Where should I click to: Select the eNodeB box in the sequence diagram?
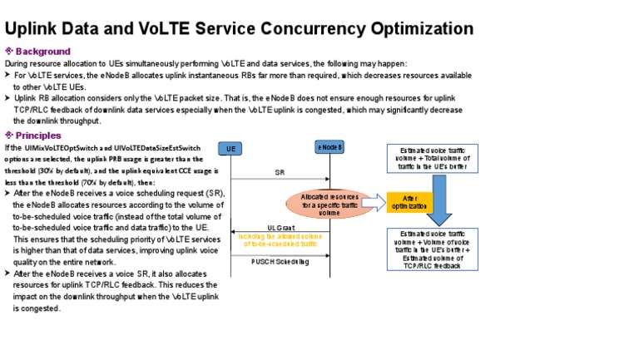pyautogui.click(x=330, y=147)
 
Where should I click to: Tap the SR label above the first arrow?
pyautogui.click(x=280, y=173)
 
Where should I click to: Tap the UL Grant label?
pyautogui.click(x=280, y=227)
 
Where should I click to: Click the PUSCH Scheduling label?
pyautogui.click(x=280, y=261)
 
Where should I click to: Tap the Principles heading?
pyautogui.click(x=38, y=135)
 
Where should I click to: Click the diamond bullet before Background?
pyautogui.click(x=10, y=52)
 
